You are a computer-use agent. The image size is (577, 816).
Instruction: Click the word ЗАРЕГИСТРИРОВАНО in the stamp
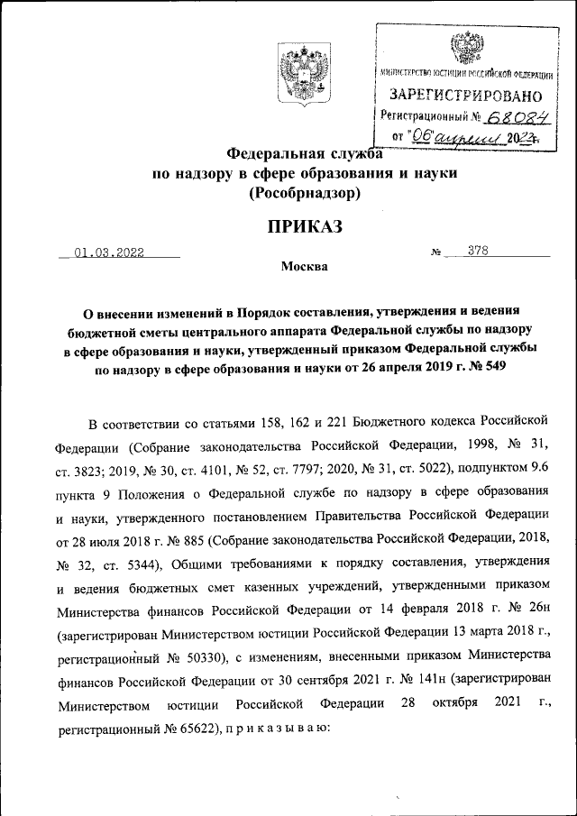click(x=466, y=96)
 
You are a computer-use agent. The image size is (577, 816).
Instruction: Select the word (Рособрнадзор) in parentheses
click(x=305, y=193)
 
